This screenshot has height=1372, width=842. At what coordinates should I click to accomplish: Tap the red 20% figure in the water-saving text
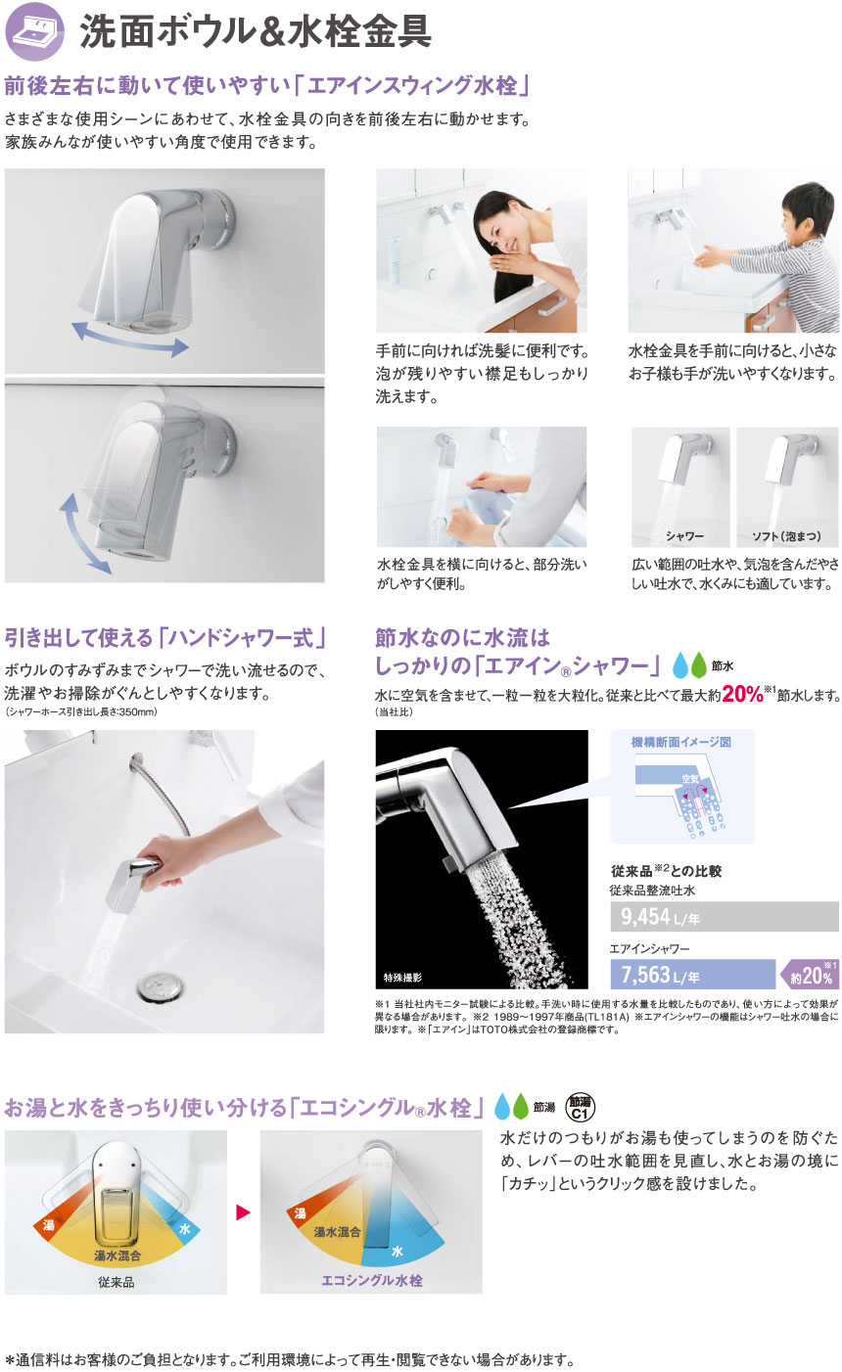742,694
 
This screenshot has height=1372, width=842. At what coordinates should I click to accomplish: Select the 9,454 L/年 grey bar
725,916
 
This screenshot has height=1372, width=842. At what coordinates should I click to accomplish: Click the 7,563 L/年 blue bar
692,974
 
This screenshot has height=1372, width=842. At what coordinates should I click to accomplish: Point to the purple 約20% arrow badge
810,974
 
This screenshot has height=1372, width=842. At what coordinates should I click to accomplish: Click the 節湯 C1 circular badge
580,1107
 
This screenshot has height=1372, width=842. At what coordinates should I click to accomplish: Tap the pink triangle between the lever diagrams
243,1212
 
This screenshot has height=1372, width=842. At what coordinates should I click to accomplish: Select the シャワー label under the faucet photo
685,536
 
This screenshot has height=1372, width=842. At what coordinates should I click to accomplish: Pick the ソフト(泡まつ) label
787,536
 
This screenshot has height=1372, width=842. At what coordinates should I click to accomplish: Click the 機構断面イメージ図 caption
680,743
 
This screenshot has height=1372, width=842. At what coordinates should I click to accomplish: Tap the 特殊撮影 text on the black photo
402,977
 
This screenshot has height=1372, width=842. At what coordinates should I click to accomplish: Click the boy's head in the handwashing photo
809,211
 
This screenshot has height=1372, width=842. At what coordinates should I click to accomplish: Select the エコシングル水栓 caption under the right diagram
372,1280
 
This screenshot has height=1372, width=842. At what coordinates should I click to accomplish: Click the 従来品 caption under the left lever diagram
116,1281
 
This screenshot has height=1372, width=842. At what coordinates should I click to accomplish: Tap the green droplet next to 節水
699,664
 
